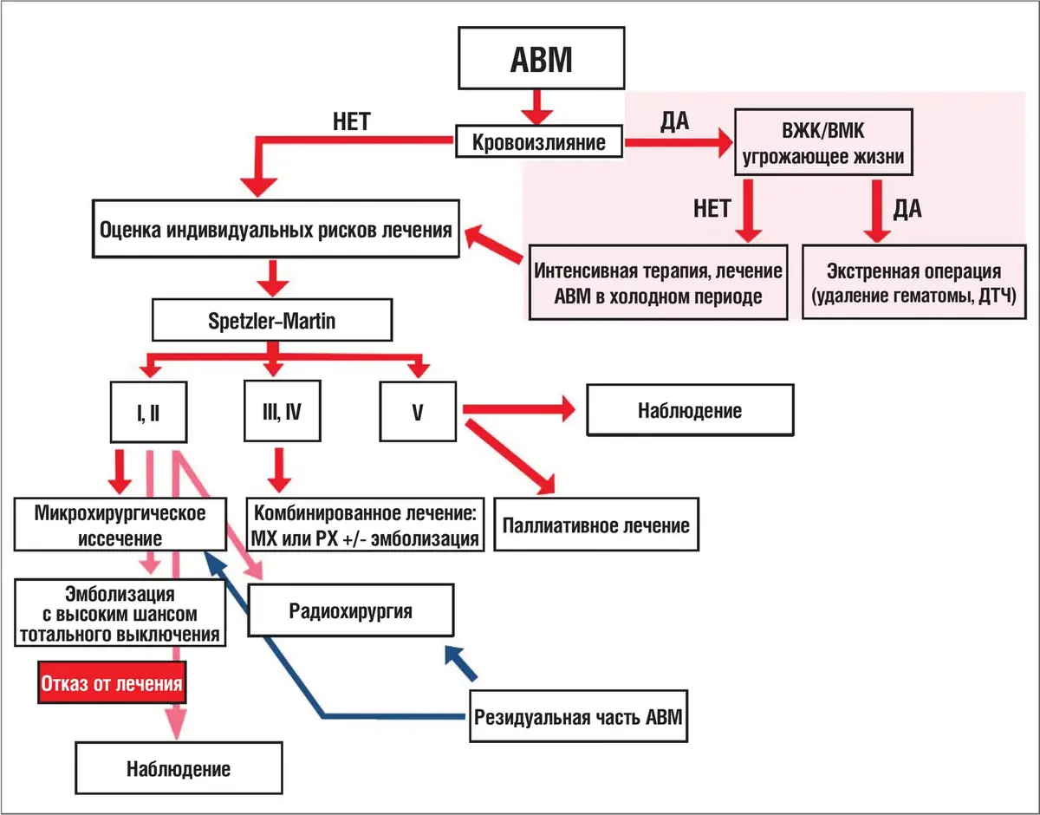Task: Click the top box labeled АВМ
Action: [x=542, y=58]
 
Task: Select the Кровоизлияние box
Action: [x=539, y=141]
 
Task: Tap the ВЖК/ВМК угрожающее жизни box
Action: [x=823, y=142]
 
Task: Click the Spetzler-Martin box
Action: [x=272, y=320]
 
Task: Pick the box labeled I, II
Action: [x=148, y=412]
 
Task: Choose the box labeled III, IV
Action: [x=282, y=411]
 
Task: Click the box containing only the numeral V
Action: [x=418, y=412]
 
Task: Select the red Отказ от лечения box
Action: [x=112, y=683]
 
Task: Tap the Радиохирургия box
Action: [x=350, y=610]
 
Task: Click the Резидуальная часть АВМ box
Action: [x=578, y=716]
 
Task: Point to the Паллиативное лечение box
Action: [x=596, y=525]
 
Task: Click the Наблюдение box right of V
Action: [x=690, y=410]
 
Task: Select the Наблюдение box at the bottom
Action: [x=179, y=768]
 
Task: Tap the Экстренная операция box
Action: [x=913, y=283]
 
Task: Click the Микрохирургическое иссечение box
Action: [x=120, y=525]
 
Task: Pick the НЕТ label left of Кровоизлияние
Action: [x=352, y=121]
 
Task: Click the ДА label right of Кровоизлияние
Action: [x=675, y=121]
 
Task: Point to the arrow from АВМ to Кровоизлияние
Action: [x=537, y=108]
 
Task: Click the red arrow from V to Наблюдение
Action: [x=519, y=408]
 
